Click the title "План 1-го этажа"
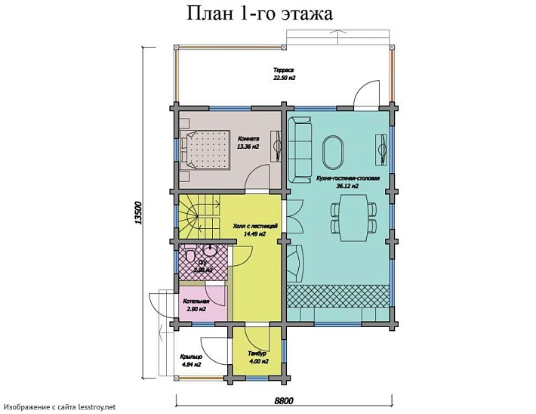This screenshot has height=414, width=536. pos(258,14)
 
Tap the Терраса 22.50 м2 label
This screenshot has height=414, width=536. pos(284,73)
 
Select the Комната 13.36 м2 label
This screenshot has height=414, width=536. pos(248,143)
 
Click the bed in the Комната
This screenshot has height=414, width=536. pos(202,147)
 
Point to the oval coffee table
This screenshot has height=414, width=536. pos(333,151)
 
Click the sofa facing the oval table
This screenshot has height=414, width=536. pos(300,150)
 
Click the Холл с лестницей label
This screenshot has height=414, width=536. pos(254,230)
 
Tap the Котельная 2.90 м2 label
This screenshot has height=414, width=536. pos(195,305)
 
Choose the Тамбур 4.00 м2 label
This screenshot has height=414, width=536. pos(259,357)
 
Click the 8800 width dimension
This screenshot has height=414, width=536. pos(283,400)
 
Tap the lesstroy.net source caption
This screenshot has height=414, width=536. pos(59,407)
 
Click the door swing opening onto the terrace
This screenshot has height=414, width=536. pos(368,94)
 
